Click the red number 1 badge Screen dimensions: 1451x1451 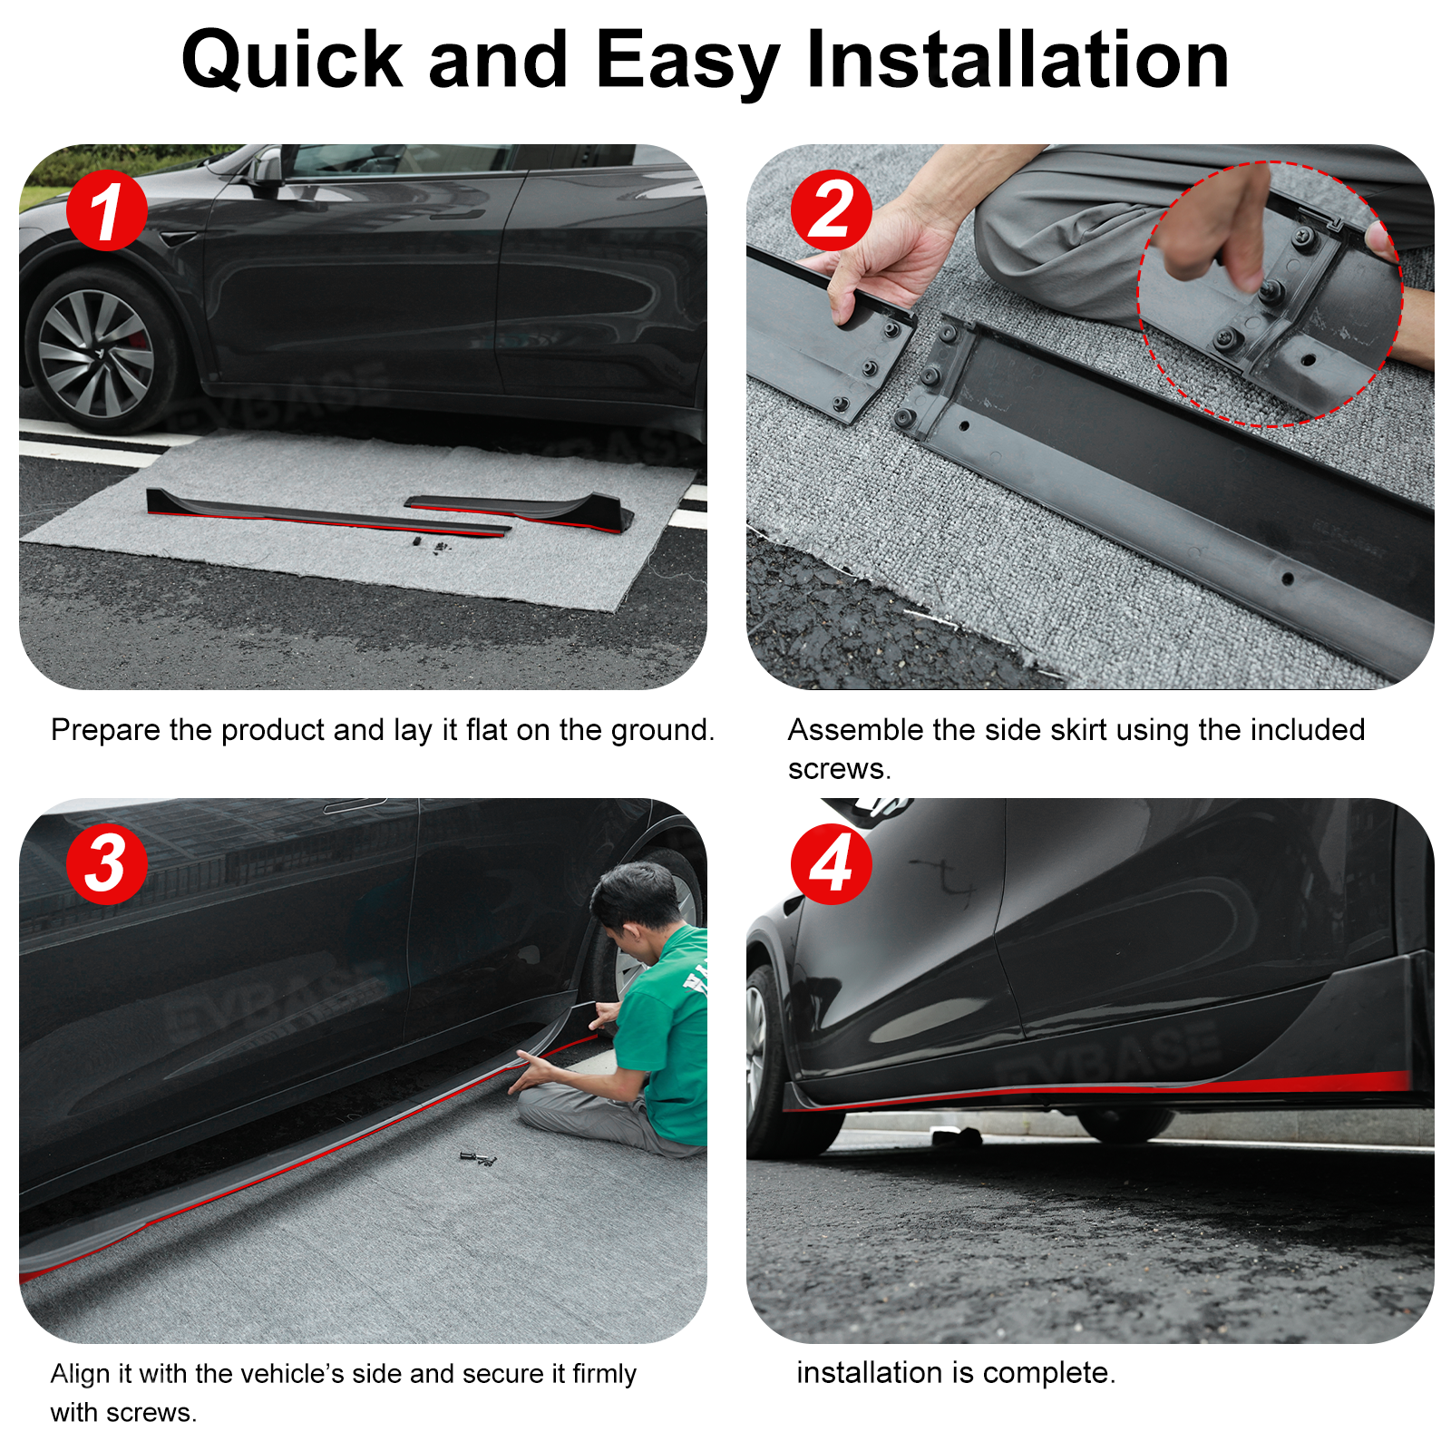[x=107, y=210]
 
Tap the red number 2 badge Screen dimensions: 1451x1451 [x=832, y=210]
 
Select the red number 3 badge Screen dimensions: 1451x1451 [x=107, y=863]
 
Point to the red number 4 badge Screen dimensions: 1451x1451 [x=832, y=863]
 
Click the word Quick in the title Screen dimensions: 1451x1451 [x=292, y=62]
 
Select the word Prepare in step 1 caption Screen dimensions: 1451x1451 [x=106, y=730]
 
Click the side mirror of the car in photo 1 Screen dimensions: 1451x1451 [x=267, y=170]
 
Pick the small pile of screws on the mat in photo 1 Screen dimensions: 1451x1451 [x=430, y=545]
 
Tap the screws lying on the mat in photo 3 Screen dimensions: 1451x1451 [x=478, y=1158]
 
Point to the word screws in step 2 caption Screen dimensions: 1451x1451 [x=839, y=769]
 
